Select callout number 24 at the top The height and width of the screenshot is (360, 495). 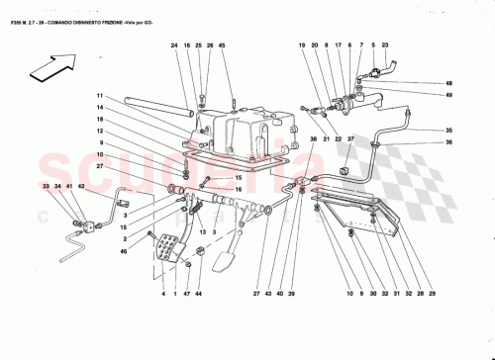pos(173,45)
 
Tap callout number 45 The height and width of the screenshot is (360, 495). pos(222,45)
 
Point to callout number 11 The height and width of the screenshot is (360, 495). pos(99,96)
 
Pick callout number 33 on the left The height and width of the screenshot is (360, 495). pos(46,186)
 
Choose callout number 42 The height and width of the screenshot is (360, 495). pos(82,186)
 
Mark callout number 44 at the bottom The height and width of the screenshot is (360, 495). pos(198,295)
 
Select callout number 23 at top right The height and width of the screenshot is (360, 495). pos(385,45)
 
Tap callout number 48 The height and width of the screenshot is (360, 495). pos(447,83)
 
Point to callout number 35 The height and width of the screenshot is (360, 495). pos(447,131)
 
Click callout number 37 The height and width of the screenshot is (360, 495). pos(350,139)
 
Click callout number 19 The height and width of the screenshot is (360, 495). pos(302,45)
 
